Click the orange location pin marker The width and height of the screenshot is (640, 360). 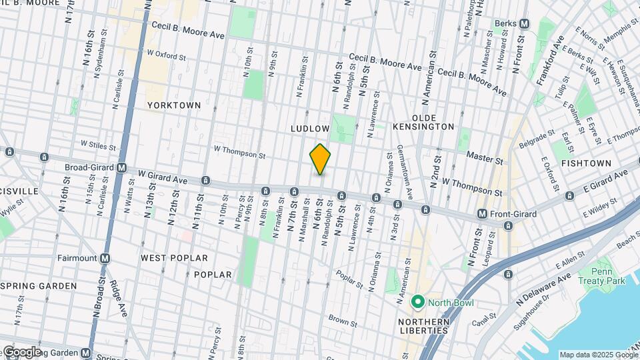click(x=320, y=159)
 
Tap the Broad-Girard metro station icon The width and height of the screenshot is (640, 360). click(x=121, y=168)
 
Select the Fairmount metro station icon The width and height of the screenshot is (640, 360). click(x=105, y=257)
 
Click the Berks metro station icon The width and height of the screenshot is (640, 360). click(x=524, y=23)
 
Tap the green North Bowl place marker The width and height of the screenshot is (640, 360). click(x=418, y=302)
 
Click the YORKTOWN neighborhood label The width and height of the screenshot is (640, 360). click(x=173, y=105)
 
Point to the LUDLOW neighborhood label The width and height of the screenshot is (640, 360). click(x=310, y=127)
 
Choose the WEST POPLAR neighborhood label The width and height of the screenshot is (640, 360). click(x=174, y=257)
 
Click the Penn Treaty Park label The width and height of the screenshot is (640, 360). click(x=611, y=276)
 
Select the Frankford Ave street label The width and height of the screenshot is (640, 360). click(x=551, y=59)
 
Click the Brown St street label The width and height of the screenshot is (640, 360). click(x=343, y=321)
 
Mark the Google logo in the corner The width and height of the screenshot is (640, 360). click(x=21, y=352)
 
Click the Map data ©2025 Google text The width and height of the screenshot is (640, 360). click(x=598, y=355)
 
